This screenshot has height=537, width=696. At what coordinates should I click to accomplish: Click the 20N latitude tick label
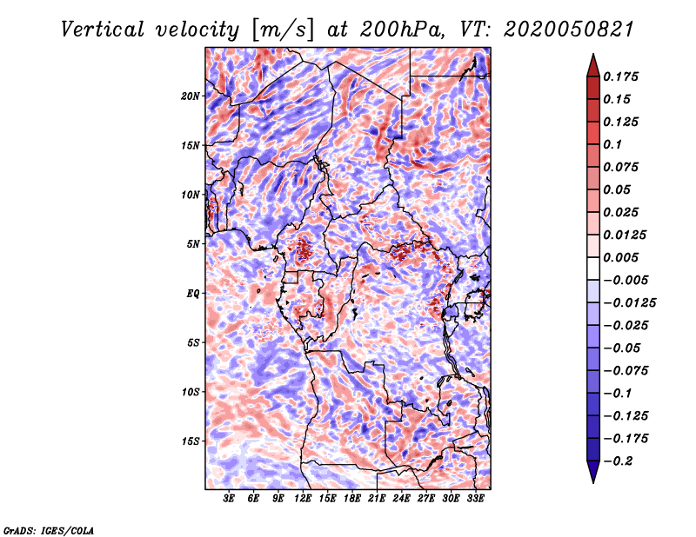pyautogui.click(x=191, y=96)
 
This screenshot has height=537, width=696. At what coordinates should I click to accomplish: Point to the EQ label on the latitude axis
pyautogui.click(x=193, y=293)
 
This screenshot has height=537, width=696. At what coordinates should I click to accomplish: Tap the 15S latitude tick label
pyautogui.click(x=191, y=441)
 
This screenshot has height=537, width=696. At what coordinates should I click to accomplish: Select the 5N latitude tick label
pyautogui.click(x=193, y=244)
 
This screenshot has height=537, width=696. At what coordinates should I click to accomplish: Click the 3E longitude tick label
pyautogui.click(x=229, y=498)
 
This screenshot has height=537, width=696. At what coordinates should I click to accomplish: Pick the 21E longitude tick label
pyautogui.click(x=377, y=498)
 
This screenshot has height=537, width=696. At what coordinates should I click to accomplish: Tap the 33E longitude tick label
pyautogui.click(x=475, y=498)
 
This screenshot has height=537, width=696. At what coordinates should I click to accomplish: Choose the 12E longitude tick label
pyautogui.click(x=302, y=498)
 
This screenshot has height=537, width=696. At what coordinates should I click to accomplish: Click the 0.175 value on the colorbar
pyautogui.click(x=620, y=76)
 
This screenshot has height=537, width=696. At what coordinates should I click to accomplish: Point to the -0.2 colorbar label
pyautogui.click(x=618, y=461)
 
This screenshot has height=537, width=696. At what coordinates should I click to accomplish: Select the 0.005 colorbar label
pyautogui.click(x=620, y=257)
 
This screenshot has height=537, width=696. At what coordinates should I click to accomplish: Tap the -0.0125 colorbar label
pyautogui.click(x=629, y=303)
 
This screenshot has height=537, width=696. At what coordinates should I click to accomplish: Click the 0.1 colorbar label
pyautogui.click(x=612, y=144)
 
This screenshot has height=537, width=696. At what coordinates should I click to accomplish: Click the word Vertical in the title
pyautogui.click(x=102, y=30)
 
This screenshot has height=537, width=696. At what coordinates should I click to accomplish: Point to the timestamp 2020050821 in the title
pyautogui.click(x=569, y=30)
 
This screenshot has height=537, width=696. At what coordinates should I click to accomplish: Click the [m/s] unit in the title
pyautogui.click(x=283, y=30)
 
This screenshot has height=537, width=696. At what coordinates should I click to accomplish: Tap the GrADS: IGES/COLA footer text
pyautogui.click(x=49, y=530)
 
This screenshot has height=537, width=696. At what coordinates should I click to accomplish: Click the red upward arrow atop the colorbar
pyautogui.click(x=593, y=65)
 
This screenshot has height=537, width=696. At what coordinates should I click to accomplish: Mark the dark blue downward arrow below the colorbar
pyautogui.click(x=593, y=472)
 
